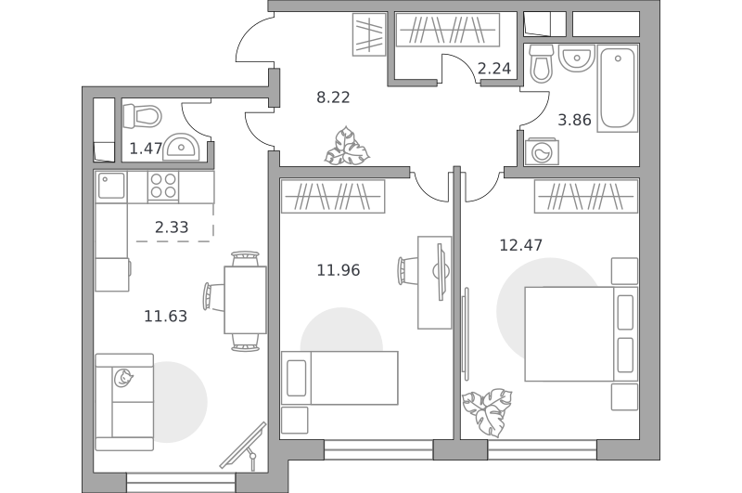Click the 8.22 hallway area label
(333, 97)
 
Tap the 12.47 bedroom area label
(521, 245)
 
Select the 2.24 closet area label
(494, 69)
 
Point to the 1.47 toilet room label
(147, 149)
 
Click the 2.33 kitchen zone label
(172, 227)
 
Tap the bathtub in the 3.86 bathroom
(618, 88)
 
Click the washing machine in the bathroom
(542, 151)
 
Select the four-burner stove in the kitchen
(163, 186)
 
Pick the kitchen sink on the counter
(111, 186)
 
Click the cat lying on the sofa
(123, 378)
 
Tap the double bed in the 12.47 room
(582, 334)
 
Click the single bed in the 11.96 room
(339, 378)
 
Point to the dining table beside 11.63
(245, 300)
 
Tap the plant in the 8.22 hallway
(347, 146)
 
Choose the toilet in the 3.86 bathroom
(542, 64)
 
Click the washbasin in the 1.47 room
(182, 147)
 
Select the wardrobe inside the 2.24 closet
(448, 30)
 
